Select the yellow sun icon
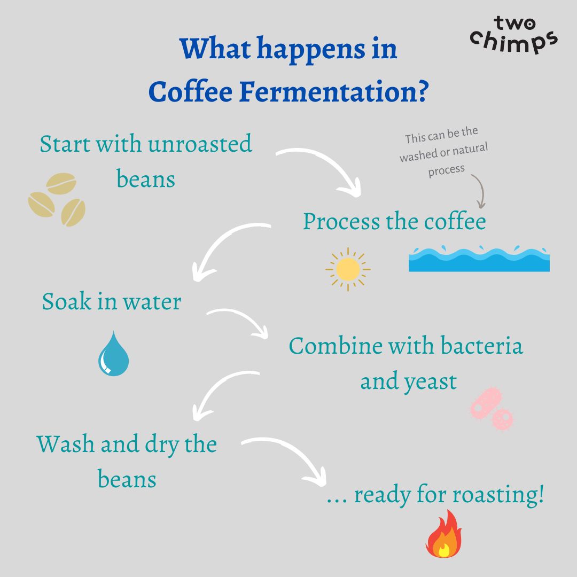(348, 269)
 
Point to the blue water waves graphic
(479, 259)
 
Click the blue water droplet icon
(113, 354)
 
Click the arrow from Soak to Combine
(240, 321)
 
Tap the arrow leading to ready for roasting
(288, 457)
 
